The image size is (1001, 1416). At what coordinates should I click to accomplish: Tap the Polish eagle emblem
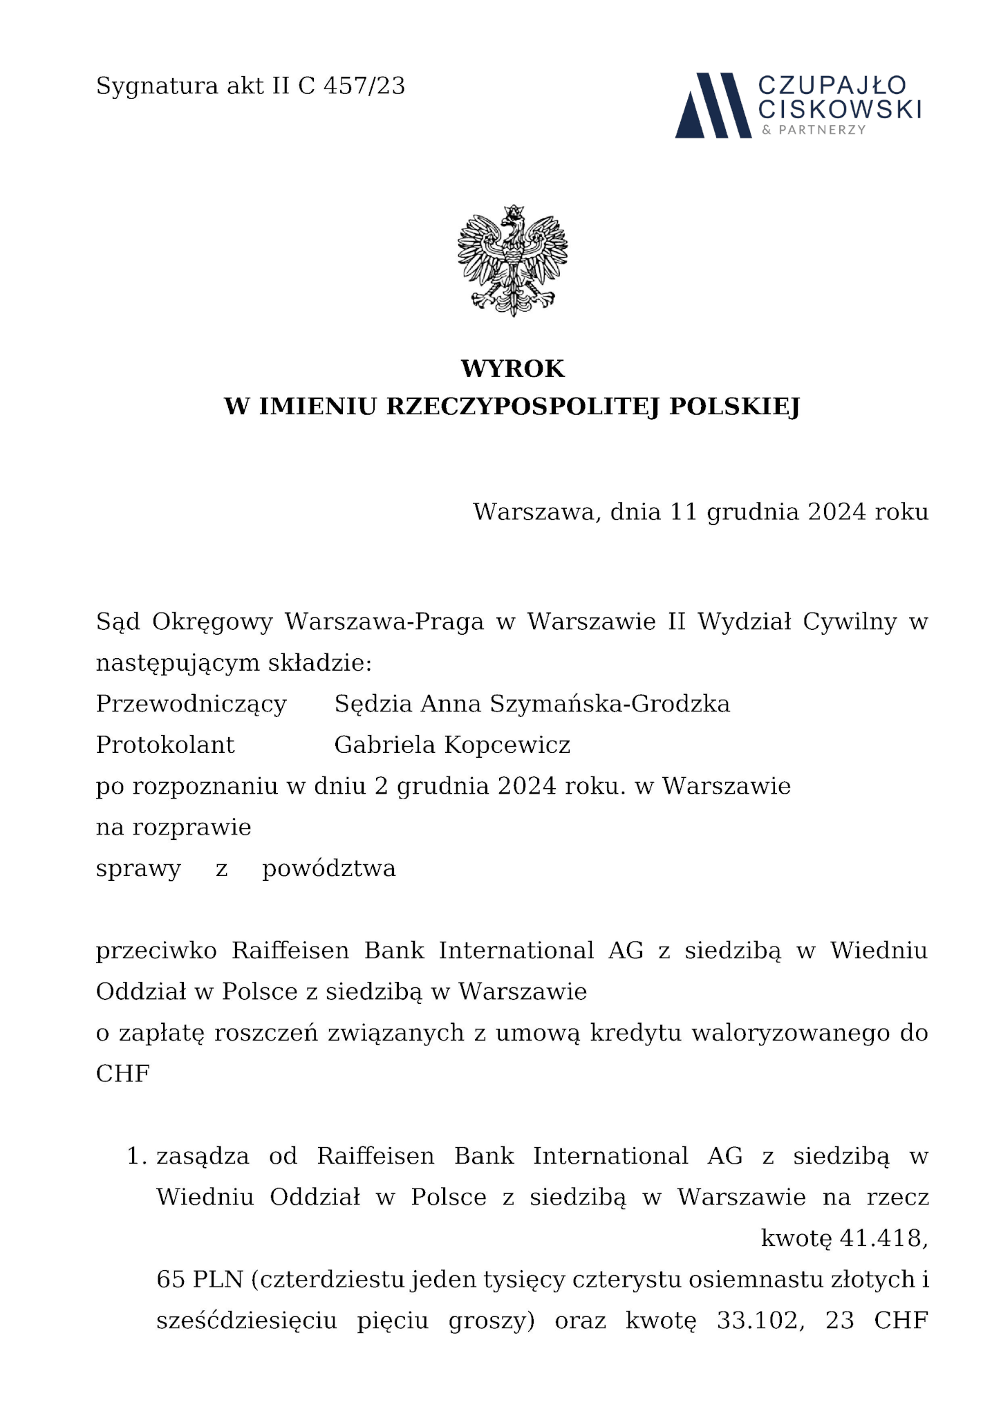(x=512, y=261)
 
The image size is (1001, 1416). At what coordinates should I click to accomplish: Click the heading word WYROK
(x=512, y=369)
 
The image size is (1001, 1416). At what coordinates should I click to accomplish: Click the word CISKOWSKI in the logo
(x=839, y=109)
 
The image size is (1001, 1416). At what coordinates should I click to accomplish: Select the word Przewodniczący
(x=191, y=704)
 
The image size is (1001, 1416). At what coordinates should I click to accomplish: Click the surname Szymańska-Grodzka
(x=610, y=704)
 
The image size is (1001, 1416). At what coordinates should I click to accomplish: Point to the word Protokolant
(x=165, y=745)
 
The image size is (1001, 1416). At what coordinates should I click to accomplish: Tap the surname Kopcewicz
(x=507, y=745)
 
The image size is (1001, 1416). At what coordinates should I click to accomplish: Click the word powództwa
(x=329, y=868)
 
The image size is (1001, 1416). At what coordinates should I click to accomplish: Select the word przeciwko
(x=156, y=951)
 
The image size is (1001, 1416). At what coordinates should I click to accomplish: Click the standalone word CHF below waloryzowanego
(x=123, y=1074)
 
